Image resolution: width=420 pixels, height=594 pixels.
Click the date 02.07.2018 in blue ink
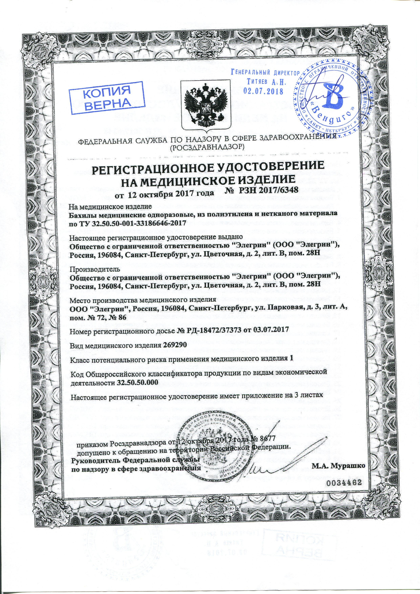(263, 91)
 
